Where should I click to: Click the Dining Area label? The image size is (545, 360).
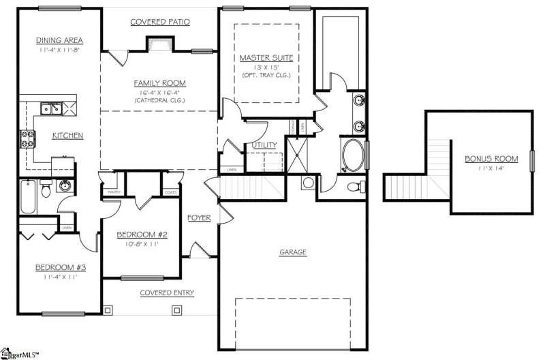pyautogui.click(x=59, y=40)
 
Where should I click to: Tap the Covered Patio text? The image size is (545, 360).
pyautogui.click(x=159, y=22)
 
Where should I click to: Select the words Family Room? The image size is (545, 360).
pyautogui.click(x=159, y=83)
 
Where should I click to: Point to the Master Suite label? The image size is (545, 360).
pyautogui.click(x=266, y=58)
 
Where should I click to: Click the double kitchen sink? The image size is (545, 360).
pyautogui.click(x=51, y=108)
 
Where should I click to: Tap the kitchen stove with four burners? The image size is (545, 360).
pyautogui.click(x=29, y=139)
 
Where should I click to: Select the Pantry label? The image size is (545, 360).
pyautogui.click(x=110, y=193)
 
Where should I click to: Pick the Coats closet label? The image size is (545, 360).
pyautogui.click(x=170, y=193)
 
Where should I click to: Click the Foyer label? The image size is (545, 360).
pyautogui.click(x=199, y=218)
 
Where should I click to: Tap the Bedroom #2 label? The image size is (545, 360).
pyautogui.click(x=142, y=235)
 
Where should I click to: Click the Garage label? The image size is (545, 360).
pyautogui.click(x=293, y=252)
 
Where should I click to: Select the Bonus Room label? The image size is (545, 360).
pyautogui.click(x=491, y=159)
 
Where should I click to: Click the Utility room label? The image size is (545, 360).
pyautogui.click(x=264, y=145)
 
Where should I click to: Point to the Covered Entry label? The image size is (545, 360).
pyautogui.click(x=167, y=292)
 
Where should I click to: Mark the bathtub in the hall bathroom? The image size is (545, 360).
pyautogui.click(x=27, y=196)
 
